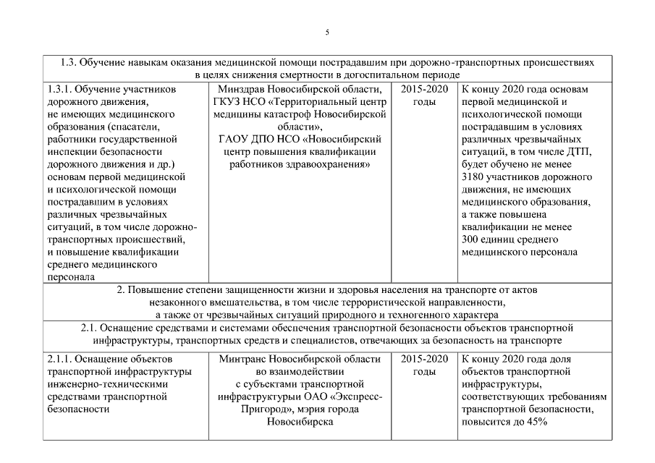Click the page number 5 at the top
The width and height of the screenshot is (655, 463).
(327, 33)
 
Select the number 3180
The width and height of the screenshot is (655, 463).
(475, 176)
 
